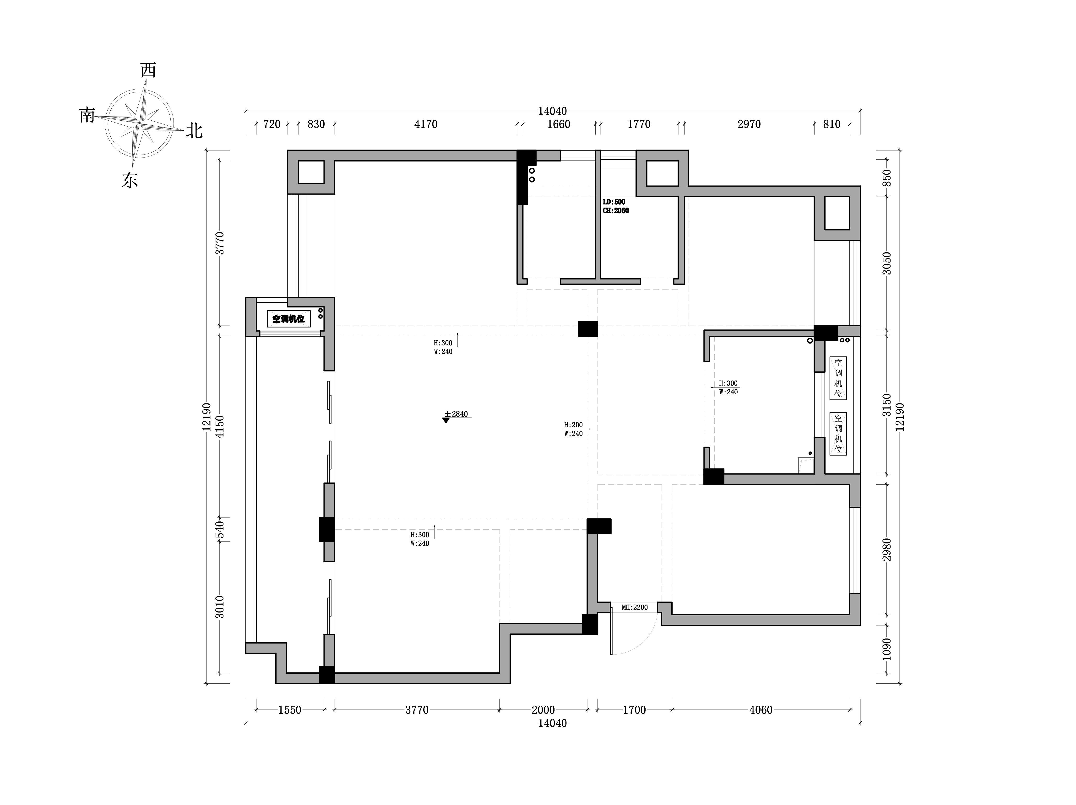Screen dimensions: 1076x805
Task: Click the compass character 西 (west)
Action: tap(148, 70)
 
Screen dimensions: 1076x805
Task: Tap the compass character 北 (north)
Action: tap(194, 131)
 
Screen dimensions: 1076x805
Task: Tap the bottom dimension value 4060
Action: tap(761, 710)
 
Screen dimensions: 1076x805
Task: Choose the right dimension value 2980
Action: tap(887, 549)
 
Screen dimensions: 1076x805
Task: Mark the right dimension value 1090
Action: tap(887, 649)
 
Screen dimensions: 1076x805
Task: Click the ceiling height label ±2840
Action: tap(456, 414)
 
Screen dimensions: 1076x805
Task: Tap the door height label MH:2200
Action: tap(635, 607)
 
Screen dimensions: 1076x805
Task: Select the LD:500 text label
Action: tap(614, 202)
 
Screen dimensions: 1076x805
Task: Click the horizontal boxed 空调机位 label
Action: tap(288, 319)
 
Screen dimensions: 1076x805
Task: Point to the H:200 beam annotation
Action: tap(574, 425)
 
